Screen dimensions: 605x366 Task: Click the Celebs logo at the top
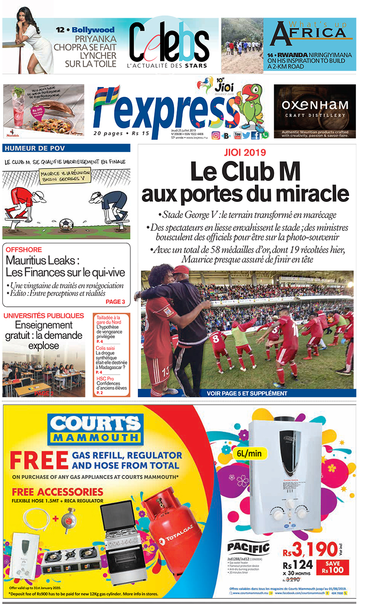click(168, 44)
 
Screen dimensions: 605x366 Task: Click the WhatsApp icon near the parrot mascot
click(265, 135)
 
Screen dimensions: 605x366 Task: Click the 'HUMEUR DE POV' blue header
click(30, 148)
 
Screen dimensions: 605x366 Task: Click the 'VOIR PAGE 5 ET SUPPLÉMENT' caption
click(247, 393)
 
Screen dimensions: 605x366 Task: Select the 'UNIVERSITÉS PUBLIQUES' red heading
click(43, 316)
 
